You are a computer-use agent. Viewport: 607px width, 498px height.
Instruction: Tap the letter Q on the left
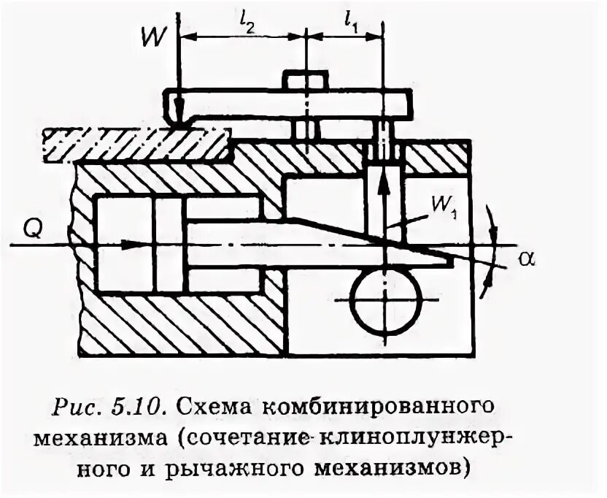tap(34, 231)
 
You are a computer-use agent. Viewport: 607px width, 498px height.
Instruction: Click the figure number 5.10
tap(146, 406)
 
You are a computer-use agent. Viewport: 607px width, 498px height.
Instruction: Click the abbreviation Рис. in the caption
tap(85, 406)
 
